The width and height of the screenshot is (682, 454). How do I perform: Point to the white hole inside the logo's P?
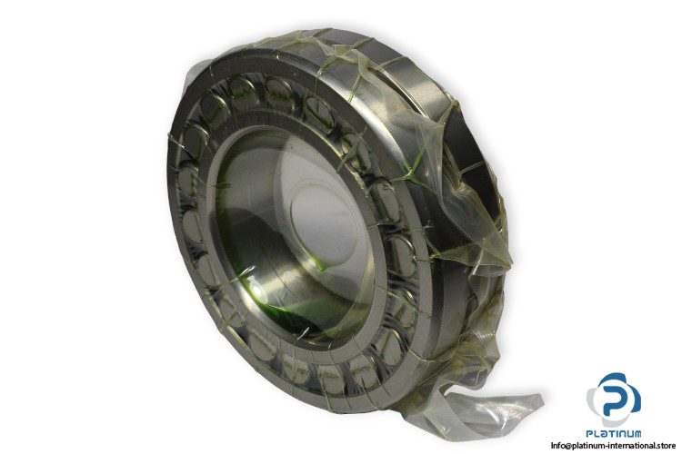(x=620, y=398)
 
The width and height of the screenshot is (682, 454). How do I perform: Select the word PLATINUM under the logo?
(x=613, y=433)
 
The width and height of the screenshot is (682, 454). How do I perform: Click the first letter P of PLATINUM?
(x=589, y=433)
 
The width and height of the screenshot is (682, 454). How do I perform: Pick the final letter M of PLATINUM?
(x=637, y=433)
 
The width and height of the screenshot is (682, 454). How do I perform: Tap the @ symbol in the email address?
(x=567, y=446)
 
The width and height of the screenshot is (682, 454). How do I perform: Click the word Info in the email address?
(x=557, y=445)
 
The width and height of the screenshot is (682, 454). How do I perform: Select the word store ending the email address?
(x=667, y=445)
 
